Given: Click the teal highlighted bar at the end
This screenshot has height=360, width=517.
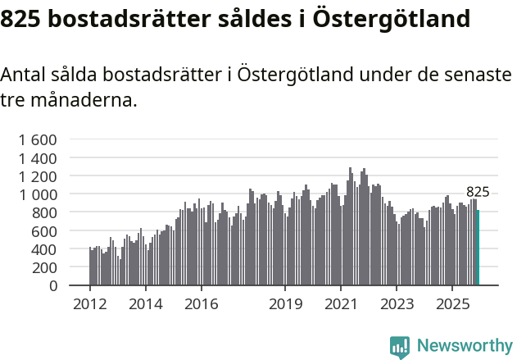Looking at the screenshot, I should coord(478,248).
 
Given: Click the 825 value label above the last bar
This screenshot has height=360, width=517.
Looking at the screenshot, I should coord(478,192).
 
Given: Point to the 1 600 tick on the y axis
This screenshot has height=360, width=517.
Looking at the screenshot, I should coord(38,139).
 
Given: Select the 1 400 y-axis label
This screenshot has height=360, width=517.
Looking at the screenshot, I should coord(38,157).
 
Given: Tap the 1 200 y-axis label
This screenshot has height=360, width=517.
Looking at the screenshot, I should coord(38,176).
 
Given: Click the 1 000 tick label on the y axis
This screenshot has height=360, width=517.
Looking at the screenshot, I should coord(38,194).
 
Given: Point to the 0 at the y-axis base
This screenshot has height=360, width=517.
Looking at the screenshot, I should coord(53,286).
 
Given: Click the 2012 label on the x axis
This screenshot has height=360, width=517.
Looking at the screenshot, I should coord(89,304).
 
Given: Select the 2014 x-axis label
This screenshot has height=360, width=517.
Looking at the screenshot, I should coord(145,304).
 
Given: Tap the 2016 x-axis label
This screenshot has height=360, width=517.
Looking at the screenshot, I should coord(202,304).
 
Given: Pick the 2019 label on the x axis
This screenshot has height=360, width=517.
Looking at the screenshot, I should coord(285,304).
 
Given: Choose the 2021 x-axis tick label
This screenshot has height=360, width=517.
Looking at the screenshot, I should coord(341,304).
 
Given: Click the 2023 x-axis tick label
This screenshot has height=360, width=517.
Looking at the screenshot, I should coord(397,304).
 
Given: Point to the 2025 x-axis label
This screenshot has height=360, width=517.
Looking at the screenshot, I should coord(452,304).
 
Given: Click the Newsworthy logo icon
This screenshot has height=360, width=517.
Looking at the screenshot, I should coord(400,347).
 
